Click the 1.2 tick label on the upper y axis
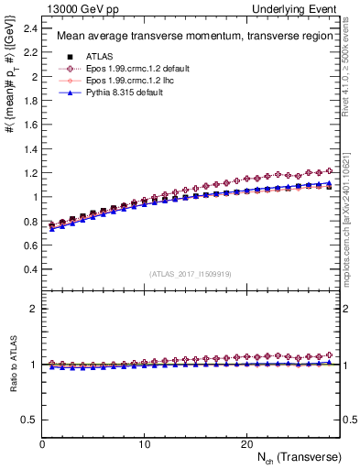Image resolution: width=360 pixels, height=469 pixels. [x=30, y=172]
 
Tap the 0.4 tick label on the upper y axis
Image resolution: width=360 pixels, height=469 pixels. [x=30, y=268]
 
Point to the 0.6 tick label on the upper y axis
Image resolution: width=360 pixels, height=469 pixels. [x=30, y=245]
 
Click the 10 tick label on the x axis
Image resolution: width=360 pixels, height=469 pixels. [x=144, y=443]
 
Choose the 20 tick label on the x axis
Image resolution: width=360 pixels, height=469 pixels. [x=245, y=443]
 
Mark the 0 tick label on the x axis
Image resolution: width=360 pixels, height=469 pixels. [x=42, y=443]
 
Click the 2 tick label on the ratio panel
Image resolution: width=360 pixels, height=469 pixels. [x=34, y=309]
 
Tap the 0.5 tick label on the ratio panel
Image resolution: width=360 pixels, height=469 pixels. [x=30, y=420]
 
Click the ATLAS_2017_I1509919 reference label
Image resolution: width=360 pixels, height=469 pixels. [x=190, y=274]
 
